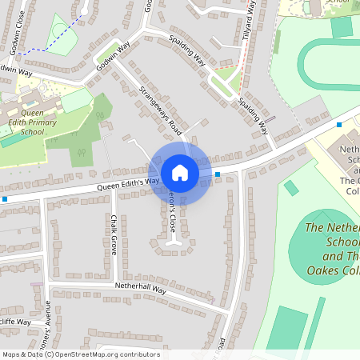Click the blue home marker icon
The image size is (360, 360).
[x=180, y=173]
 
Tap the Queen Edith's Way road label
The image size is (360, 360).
[x=123, y=184]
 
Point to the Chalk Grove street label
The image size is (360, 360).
[x=114, y=235]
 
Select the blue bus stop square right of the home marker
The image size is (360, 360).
[x=218, y=174]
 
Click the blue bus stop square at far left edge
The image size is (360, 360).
[x=5, y=198]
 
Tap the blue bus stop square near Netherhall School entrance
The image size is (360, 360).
[x=339, y=125]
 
